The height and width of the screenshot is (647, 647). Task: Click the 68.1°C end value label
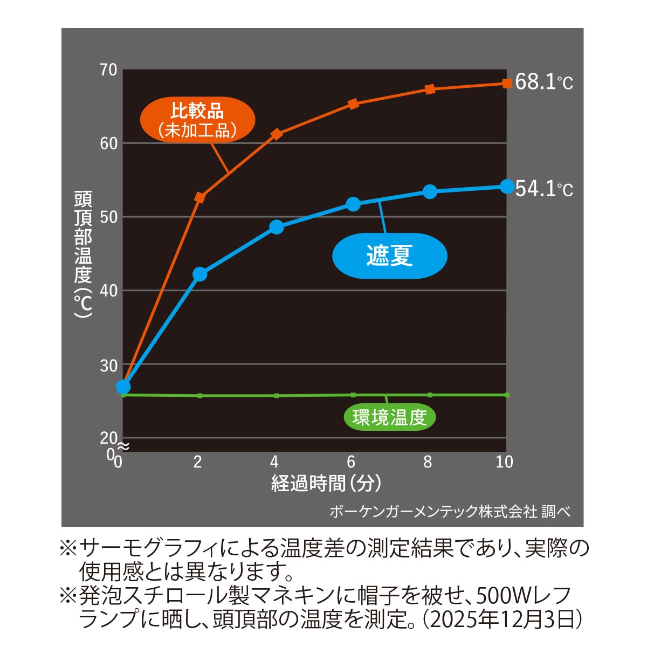coord(543,82)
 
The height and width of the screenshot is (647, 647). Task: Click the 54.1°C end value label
coord(543,189)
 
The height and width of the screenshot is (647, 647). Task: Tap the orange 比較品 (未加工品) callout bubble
coord(197,120)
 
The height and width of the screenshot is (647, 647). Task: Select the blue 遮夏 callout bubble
coord(389,256)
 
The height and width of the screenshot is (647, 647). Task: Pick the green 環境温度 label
coord(389,417)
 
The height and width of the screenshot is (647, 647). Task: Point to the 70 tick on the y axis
coord(108,70)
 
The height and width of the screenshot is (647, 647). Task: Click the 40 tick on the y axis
coord(108,291)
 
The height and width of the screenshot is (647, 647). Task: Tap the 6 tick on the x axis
coord(352,462)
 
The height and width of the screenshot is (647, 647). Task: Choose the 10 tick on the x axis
coord(504,462)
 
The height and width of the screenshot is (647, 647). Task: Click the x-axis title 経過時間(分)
coord(326,483)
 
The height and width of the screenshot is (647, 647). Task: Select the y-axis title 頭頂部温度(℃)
coord(83,253)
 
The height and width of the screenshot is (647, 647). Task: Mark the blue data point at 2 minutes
coord(199,274)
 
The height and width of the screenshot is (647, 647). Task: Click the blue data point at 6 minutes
coord(353,204)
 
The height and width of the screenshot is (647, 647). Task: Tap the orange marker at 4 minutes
coord(276,134)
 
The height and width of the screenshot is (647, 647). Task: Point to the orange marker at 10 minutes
coord(507,83)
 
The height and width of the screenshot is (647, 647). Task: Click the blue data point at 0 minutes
coord(123,387)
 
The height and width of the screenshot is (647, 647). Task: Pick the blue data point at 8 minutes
coord(430,191)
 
